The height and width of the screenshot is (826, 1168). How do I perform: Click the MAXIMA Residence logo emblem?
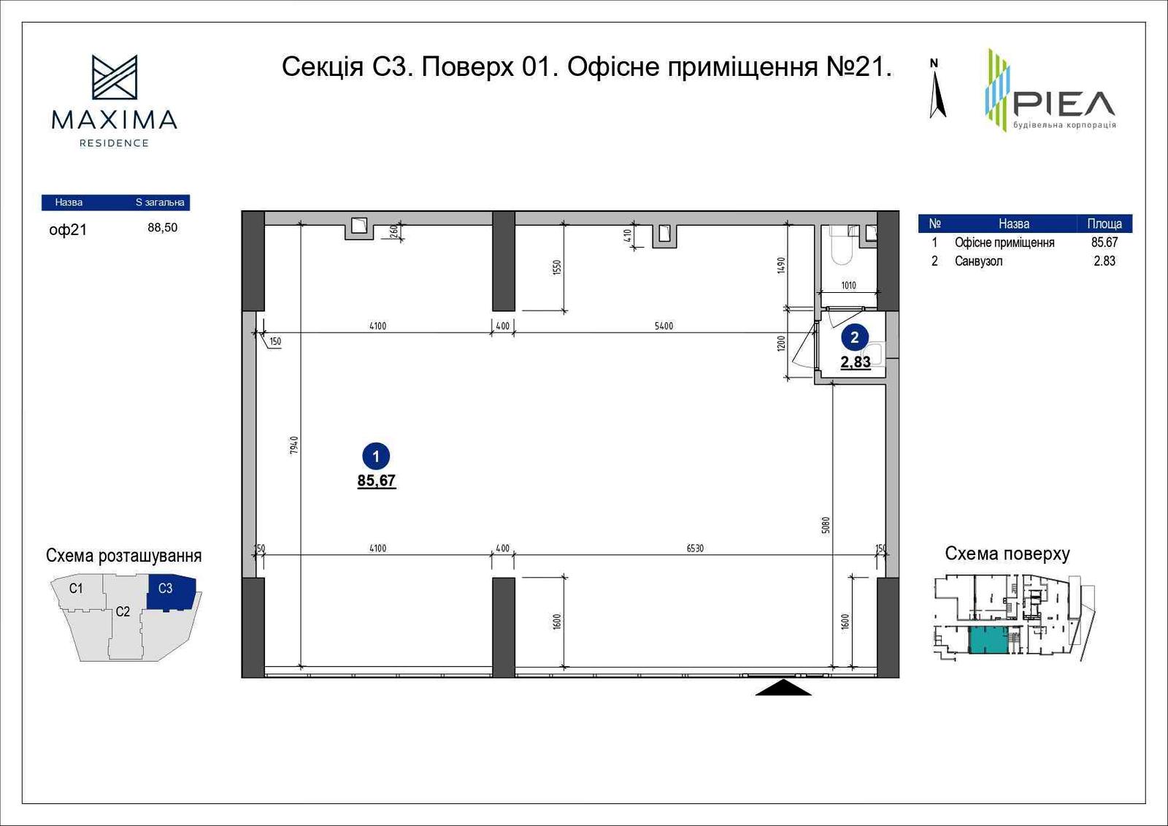pos(115,77)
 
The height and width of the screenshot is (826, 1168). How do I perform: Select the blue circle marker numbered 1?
pos(376,456)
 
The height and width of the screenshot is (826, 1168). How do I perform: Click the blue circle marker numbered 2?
pos(854,337)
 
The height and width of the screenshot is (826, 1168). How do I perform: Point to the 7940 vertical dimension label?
pos(293,445)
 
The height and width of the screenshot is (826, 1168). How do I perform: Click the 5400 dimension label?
pos(664,326)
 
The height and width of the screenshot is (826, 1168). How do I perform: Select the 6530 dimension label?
pos(695,548)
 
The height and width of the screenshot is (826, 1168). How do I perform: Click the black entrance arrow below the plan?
pos(783,687)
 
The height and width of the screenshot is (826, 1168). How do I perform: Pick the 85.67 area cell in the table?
pos(1104,242)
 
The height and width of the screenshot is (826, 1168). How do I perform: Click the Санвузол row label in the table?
pos(978,261)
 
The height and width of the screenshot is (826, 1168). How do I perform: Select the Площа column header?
pos(1104,224)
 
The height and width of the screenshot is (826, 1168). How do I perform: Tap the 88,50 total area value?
pos(163,228)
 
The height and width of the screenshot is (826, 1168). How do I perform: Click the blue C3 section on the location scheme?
pos(171,593)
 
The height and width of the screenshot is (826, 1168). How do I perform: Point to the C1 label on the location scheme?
pos(76,589)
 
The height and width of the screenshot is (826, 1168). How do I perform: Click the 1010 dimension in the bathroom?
pos(848,286)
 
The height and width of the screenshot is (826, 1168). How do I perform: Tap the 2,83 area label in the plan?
pos(855,362)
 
